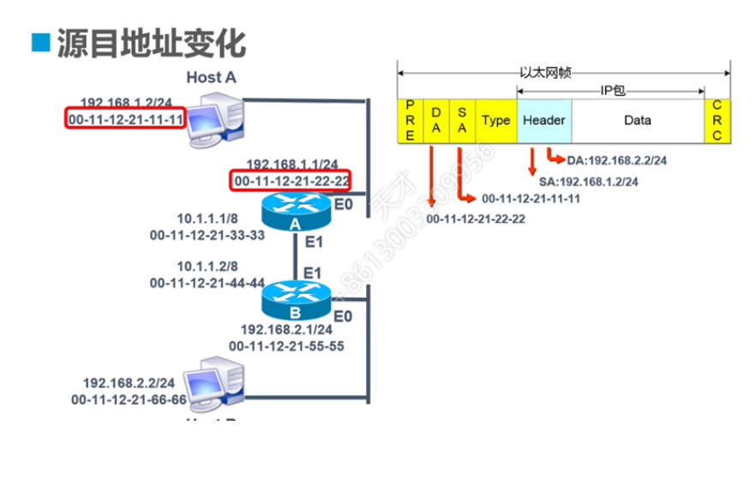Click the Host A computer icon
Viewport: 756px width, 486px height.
[x=213, y=120]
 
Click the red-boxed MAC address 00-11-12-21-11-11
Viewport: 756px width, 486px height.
[x=126, y=117]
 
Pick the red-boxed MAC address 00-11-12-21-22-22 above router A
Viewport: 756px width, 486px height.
[x=291, y=181]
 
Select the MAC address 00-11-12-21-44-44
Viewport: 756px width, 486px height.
[x=207, y=282]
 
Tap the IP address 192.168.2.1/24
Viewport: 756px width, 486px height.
[x=286, y=329]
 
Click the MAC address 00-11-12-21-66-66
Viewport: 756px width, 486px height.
[x=129, y=399]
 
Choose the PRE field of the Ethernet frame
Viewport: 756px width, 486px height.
[x=410, y=120]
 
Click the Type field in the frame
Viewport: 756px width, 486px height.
[x=495, y=120]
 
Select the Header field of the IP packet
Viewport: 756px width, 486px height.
[x=543, y=120]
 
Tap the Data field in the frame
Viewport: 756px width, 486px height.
[x=637, y=120]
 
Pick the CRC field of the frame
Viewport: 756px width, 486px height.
[x=717, y=120]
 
